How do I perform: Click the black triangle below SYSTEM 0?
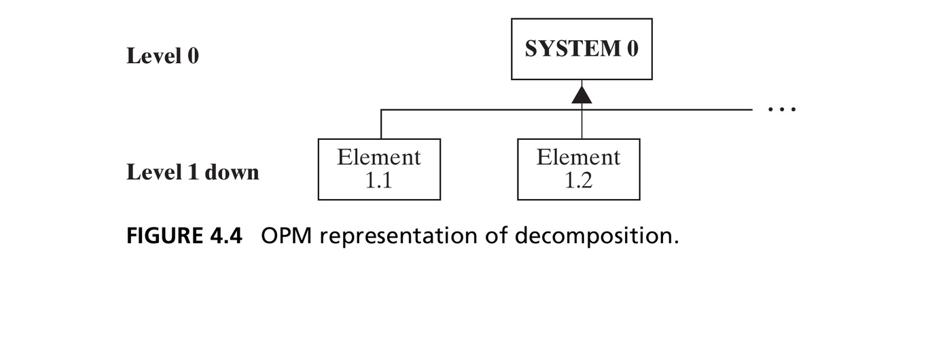tap(581, 94)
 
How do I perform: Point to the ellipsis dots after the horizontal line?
tap(782, 109)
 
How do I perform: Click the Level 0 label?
tap(162, 56)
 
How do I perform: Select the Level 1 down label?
tap(193, 172)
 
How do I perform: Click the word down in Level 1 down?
tap(232, 172)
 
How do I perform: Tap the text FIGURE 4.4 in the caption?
tap(184, 235)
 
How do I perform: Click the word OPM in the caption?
tap(286, 235)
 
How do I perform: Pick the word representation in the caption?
tap(398, 236)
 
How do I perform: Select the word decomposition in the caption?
tap(597, 236)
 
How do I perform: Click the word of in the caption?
tap(496, 235)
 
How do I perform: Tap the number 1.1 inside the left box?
tap(378, 181)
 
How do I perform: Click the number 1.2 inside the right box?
tap(578, 181)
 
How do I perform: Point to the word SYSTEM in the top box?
tap(573, 48)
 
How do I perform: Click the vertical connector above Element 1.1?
tap(381, 124)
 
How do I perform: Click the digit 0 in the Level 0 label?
tap(193, 56)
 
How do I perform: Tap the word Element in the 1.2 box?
tap(578, 157)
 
